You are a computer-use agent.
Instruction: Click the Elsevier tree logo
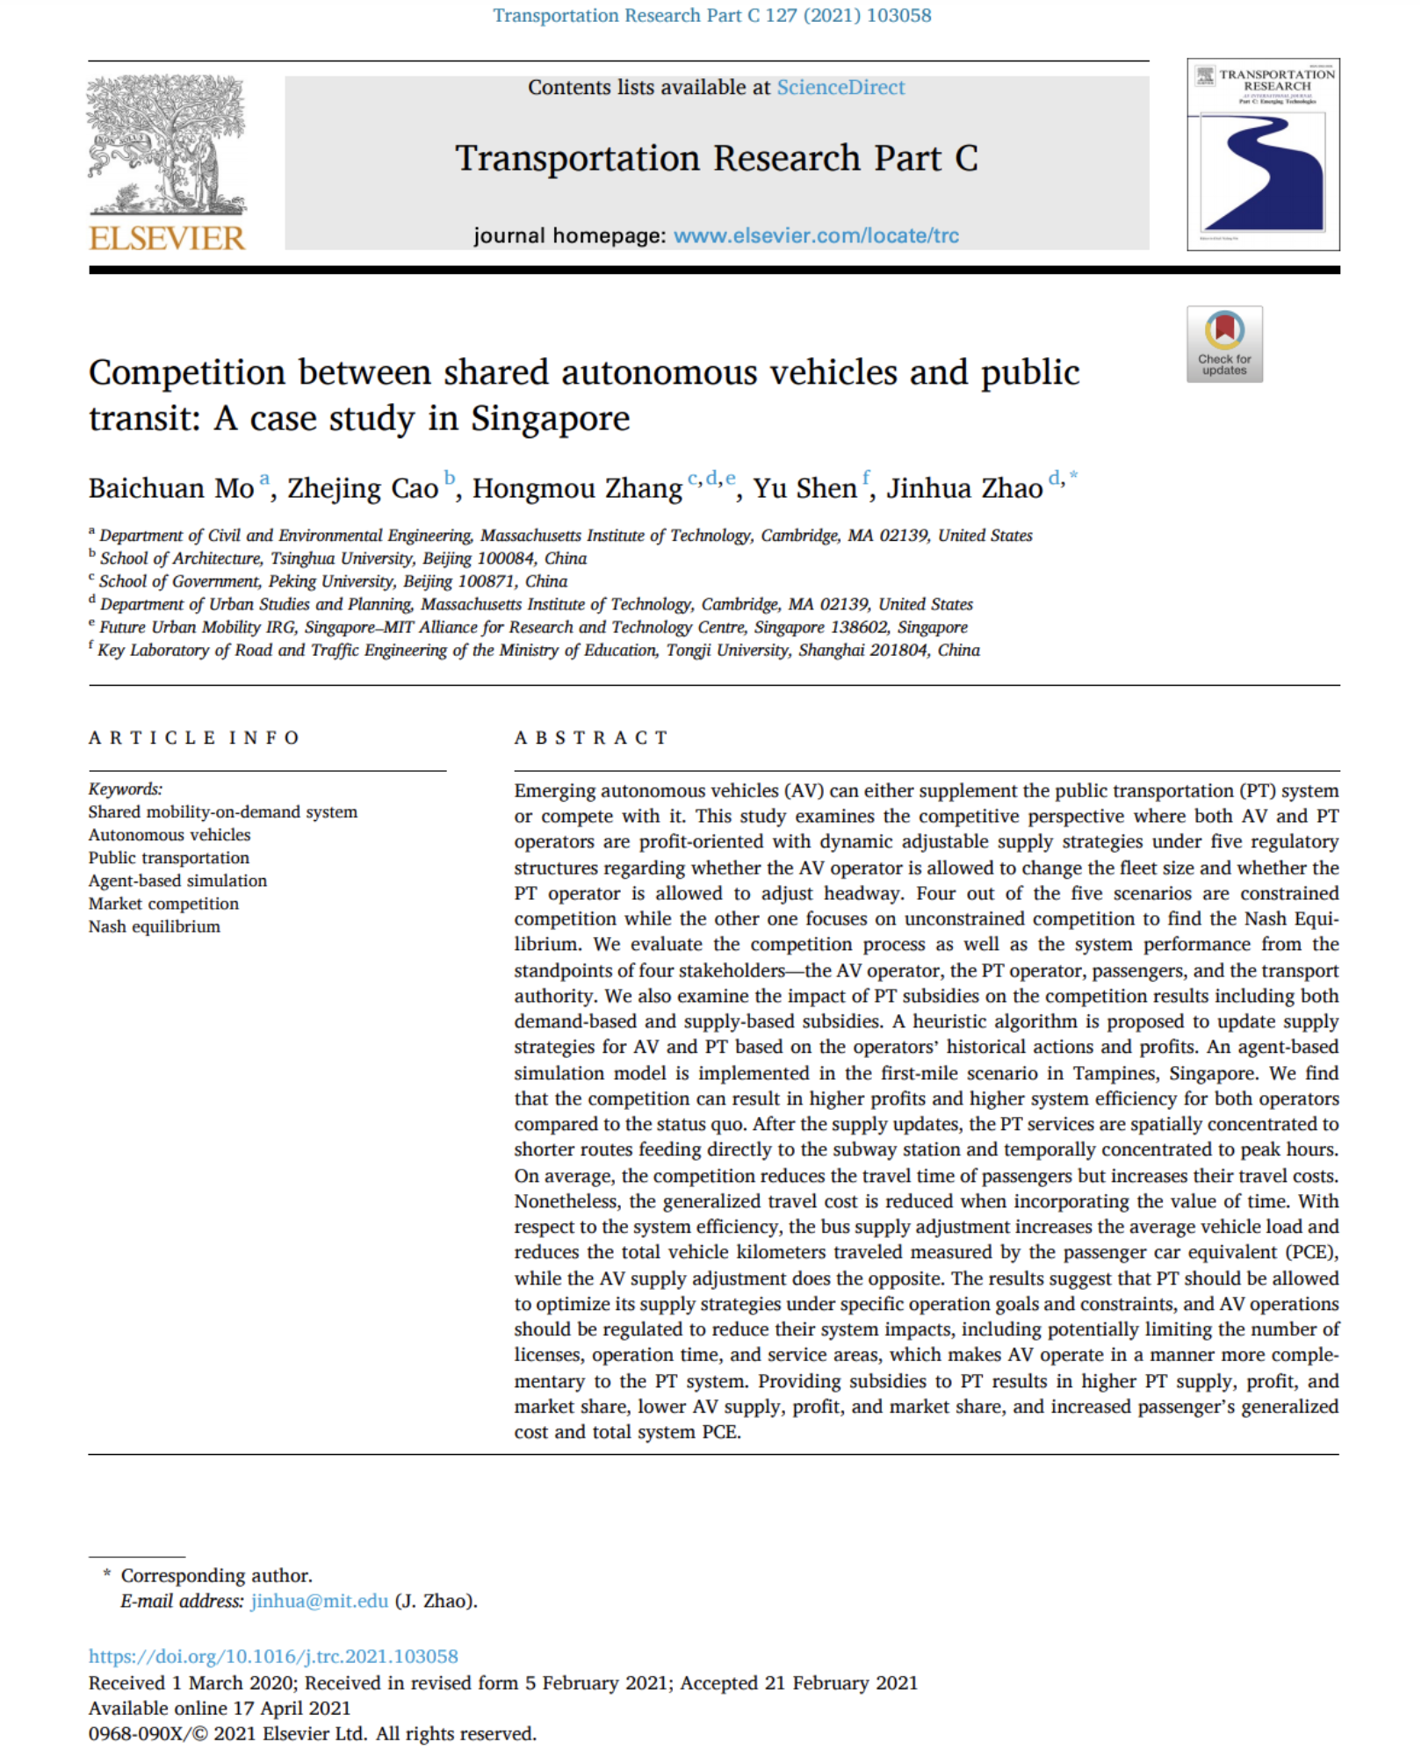click(167, 145)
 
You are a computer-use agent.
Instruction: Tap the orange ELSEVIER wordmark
click(167, 238)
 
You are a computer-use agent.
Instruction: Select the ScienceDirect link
click(840, 88)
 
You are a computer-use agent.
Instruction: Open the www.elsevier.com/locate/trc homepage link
click(816, 235)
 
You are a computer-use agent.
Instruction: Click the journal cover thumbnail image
click(1262, 155)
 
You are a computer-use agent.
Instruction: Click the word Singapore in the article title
click(550, 419)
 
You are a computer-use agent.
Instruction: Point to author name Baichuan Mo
click(171, 488)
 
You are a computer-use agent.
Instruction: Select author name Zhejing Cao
click(363, 488)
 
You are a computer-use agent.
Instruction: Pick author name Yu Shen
click(804, 488)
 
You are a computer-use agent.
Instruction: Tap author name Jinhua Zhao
click(963, 488)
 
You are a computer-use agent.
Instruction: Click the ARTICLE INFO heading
click(193, 738)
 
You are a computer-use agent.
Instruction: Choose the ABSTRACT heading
click(591, 738)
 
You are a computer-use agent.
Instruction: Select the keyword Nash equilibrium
click(155, 926)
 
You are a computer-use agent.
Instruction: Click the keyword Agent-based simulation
click(177, 881)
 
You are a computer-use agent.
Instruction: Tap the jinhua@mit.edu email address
click(319, 1601)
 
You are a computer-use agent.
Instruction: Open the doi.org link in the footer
click(273, 1656)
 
